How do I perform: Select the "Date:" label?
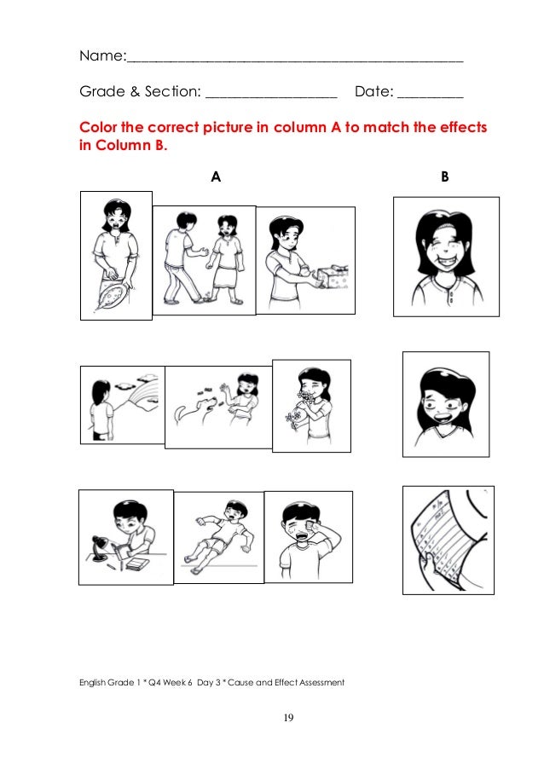(373, 90)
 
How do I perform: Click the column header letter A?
(216, 176)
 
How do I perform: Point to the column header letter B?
(444, 176)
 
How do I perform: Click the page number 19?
(288, 719)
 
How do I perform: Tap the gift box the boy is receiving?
(333, 275)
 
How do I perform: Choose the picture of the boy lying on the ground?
(218, 537)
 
